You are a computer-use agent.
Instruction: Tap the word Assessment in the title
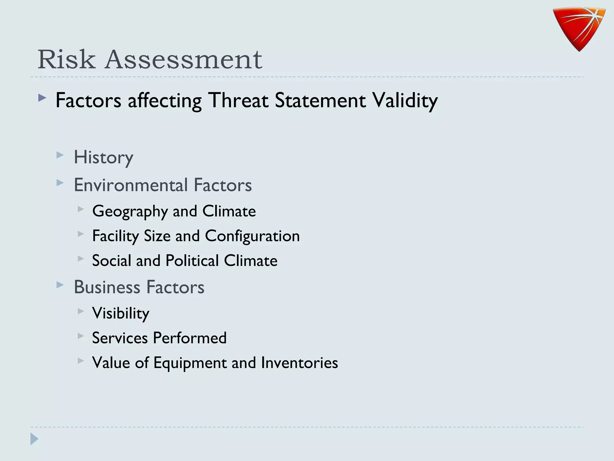[x=183, y=59]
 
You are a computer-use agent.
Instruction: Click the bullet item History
[x=103, y=157]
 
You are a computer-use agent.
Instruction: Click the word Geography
[x=130, y=211]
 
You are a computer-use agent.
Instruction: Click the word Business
[x=107, y=287]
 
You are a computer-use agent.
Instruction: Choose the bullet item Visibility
[x=121, y=313]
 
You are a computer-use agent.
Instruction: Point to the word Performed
[x=189, y=338]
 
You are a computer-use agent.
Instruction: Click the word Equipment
[x=190, y=363]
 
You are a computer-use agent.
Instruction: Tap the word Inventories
[x=299, y=363]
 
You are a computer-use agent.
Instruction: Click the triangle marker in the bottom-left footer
[x=34, y=439]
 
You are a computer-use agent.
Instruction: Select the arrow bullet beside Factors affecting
[x=42, y=98]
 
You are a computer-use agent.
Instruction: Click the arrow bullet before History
[x=60, y=155]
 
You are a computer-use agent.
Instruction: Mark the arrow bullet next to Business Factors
[x=60, y=285]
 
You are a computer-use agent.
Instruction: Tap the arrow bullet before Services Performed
[x=80, y=336]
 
